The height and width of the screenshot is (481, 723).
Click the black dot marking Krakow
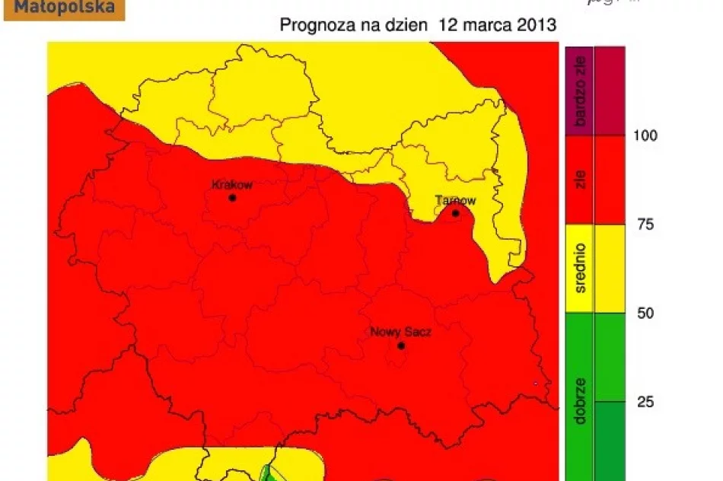[x=232, y=198]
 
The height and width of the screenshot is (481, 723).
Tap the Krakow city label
[x=231, y=184]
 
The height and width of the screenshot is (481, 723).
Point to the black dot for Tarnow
[x=456, y=213]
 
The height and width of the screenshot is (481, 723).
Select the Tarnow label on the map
[x=455, y=201]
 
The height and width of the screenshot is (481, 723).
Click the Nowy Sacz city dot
[x=401, y=346]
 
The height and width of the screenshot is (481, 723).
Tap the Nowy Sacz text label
[x=401, y=332]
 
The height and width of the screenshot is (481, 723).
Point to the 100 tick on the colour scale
[x=645, y=135]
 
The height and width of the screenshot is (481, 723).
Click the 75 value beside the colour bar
[x=645, y=225]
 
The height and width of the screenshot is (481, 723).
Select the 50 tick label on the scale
[x=645, y=314]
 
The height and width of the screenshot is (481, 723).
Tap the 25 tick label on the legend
[x=645, y=402]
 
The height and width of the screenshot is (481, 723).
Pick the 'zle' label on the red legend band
[x=580, y=180]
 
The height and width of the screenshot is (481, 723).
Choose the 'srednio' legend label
[x=580, y=269]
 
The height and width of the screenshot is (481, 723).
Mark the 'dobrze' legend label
[x=580, y=400]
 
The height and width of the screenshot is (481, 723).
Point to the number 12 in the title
[x=447, y=25]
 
